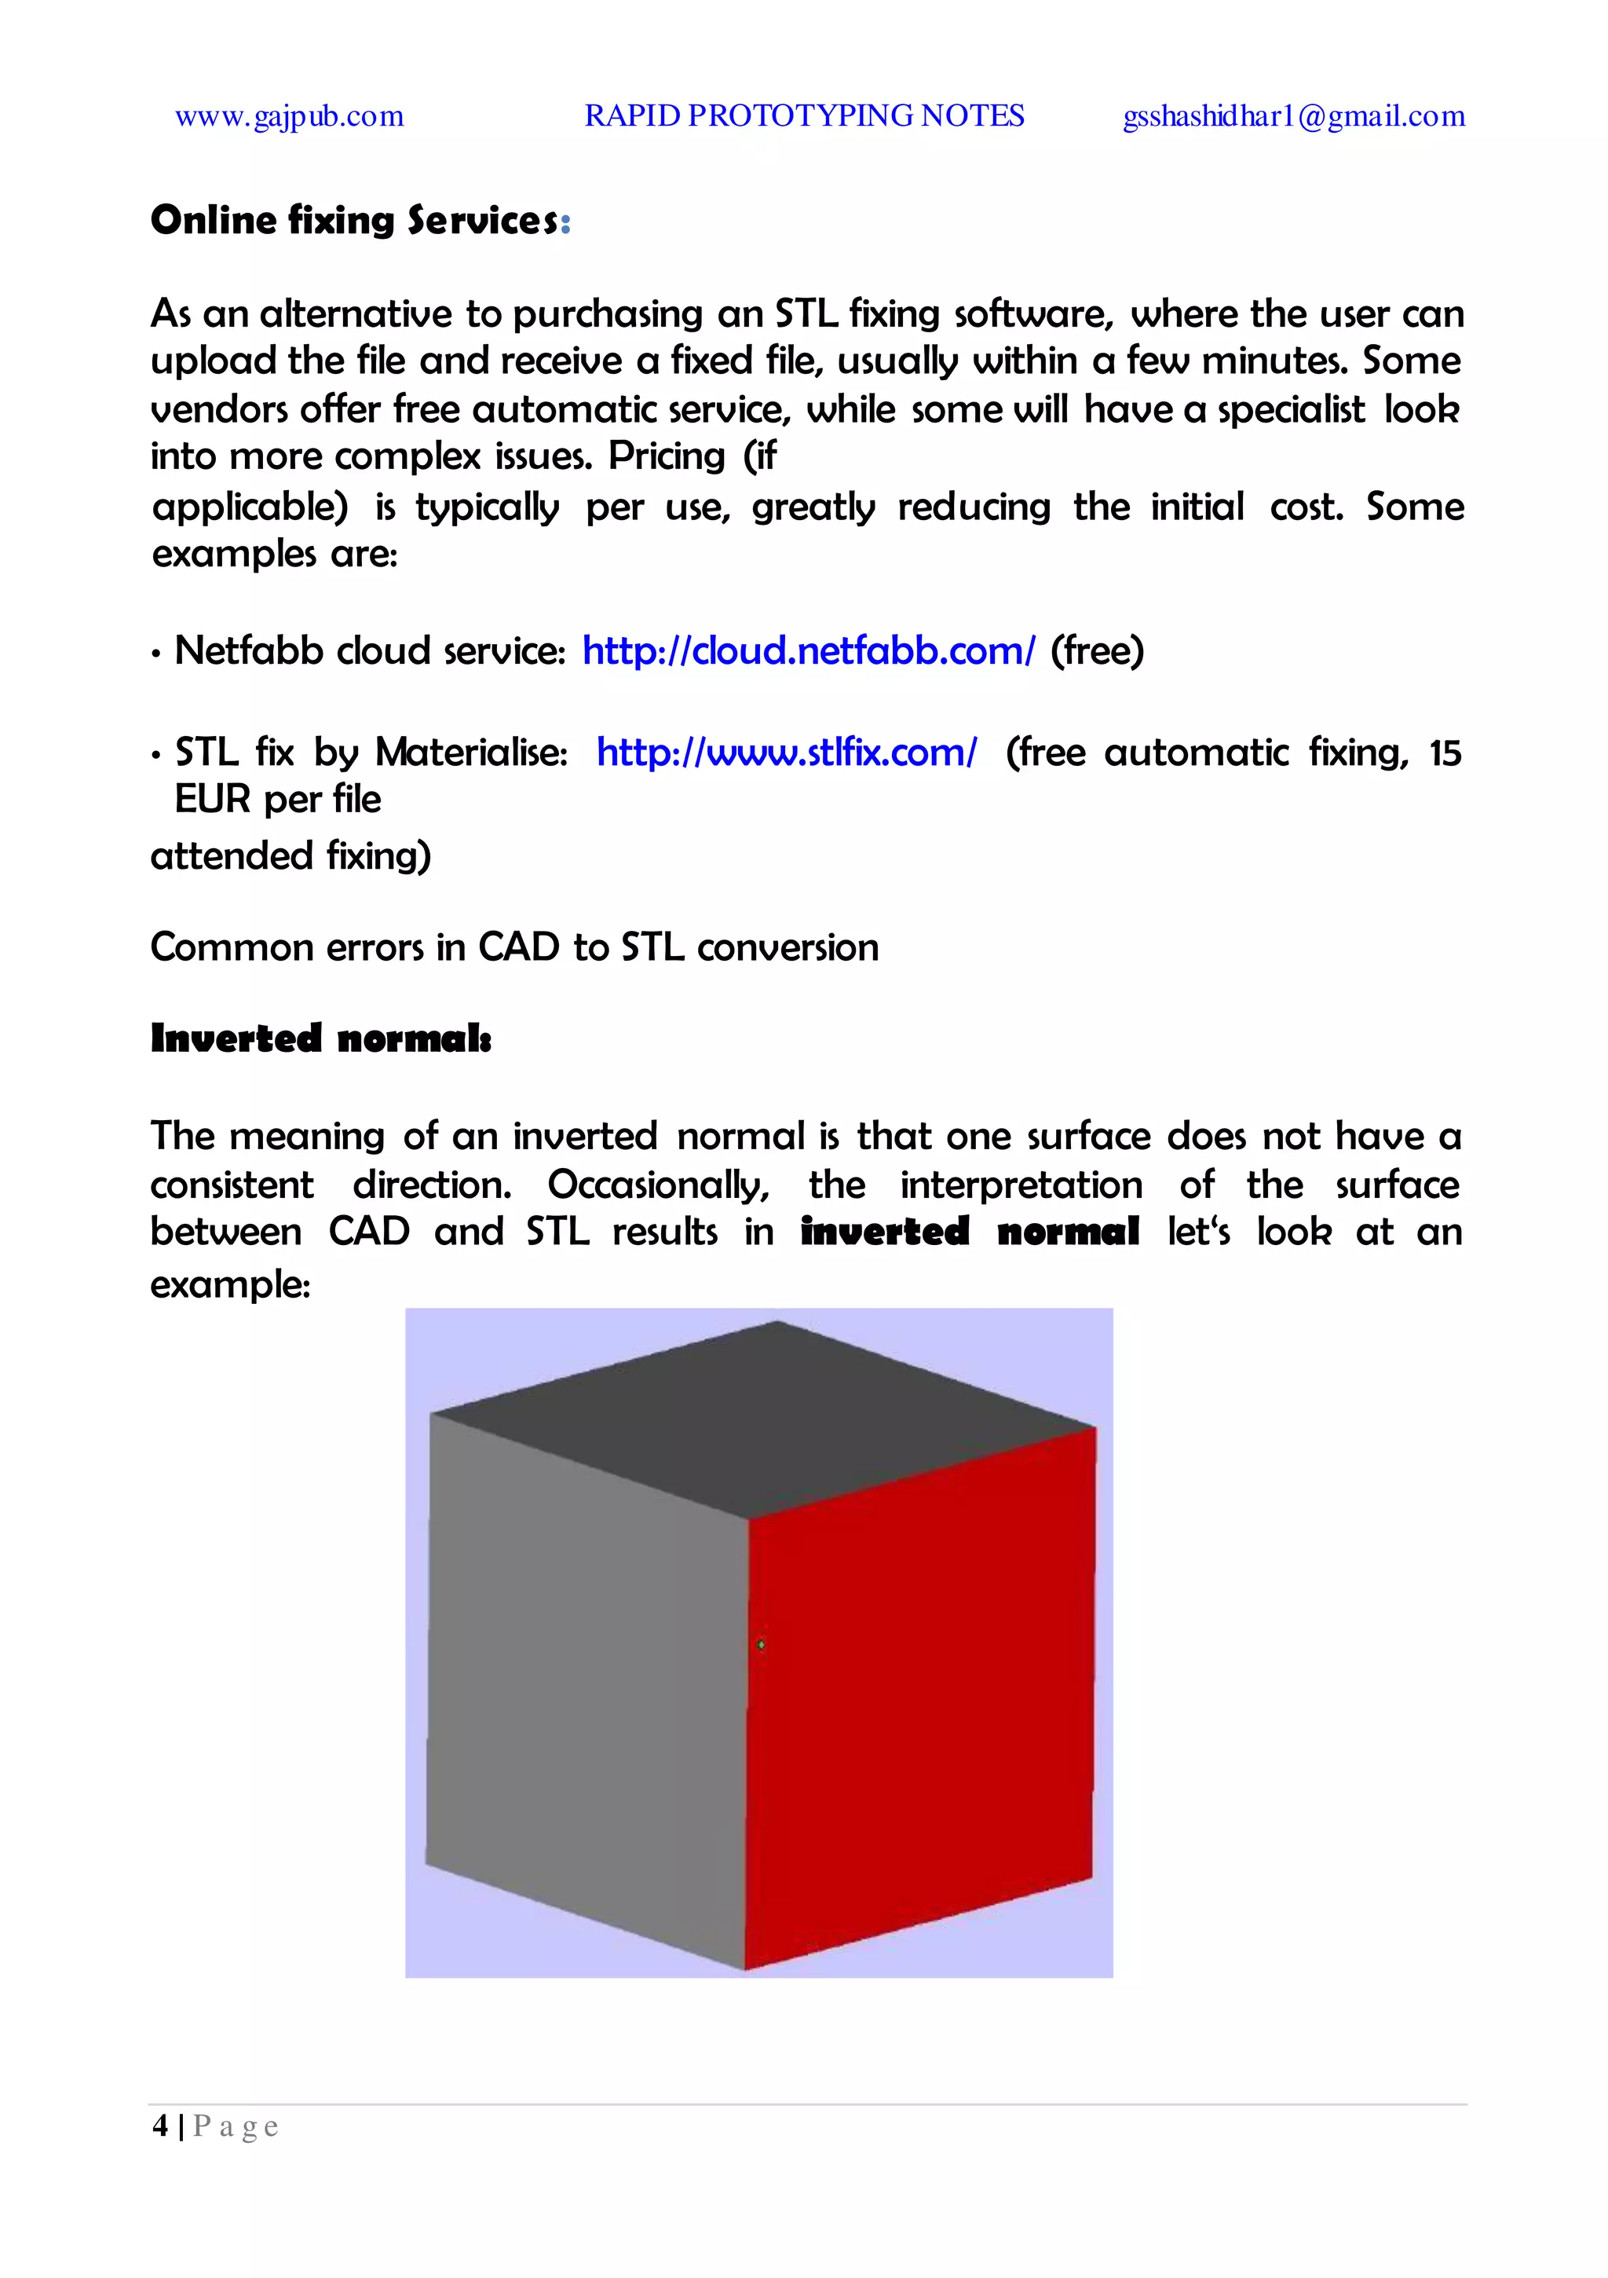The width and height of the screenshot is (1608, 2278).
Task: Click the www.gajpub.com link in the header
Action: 289,117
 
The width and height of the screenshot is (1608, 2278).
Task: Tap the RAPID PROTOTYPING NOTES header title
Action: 803,116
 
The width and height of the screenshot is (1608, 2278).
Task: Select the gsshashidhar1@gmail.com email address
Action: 1293,117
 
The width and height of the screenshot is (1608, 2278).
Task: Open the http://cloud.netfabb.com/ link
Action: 809,651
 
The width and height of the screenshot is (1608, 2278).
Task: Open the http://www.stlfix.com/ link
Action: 787,752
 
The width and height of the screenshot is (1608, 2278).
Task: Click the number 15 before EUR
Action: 1445,753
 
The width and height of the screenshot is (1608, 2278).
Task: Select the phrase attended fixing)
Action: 291,855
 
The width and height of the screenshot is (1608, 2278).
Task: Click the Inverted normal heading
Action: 320,1038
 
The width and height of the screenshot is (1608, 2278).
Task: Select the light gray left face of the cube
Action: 585,1677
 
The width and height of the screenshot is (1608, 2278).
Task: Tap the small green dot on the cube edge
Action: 761,1645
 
